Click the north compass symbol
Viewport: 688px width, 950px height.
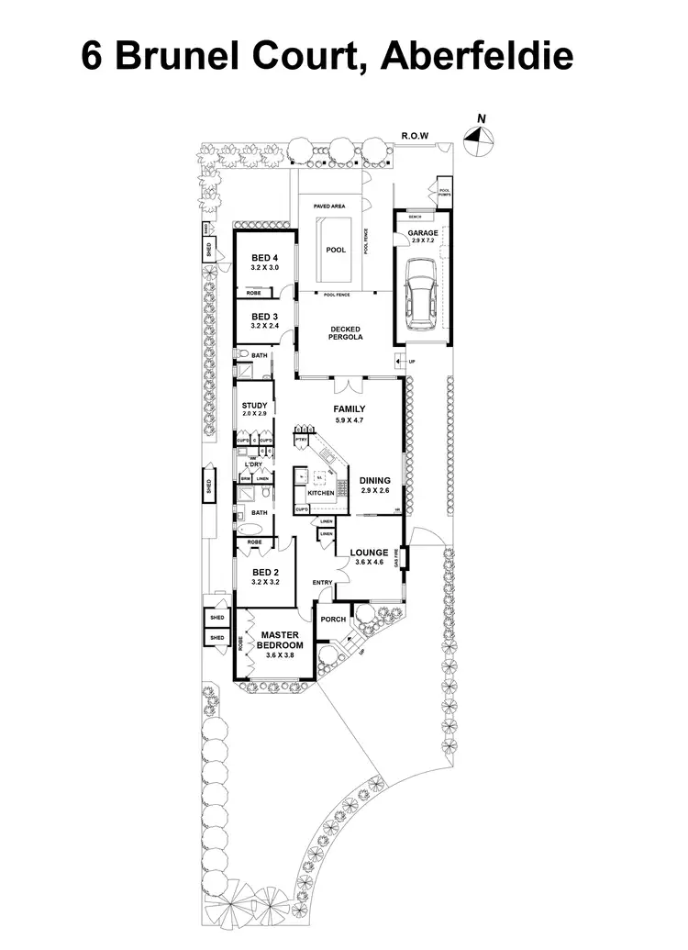tap(478, 136)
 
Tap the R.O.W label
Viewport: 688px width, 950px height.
tap(416, 136)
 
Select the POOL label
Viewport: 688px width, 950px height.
tap(336, 250)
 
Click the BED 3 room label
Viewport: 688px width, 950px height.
tap(264, 316)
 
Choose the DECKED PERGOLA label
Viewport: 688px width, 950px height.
tap(347, 333)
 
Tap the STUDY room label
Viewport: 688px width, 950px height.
tap(254, 406)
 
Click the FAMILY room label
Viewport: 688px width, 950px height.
tap(349, 409)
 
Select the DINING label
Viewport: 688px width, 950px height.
tap(374, 480)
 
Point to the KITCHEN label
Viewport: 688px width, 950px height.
tap(321, 493)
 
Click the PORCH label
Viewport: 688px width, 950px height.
tap(333, 619)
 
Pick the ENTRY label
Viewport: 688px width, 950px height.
tap(322, 583)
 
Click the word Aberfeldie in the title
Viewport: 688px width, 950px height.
tap(477, 57)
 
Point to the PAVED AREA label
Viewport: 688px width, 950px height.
tap(328, 207)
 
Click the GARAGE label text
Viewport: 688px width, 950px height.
tap(423, 233)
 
